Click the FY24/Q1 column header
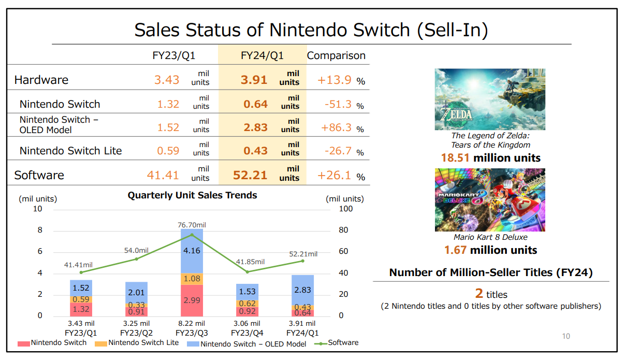[x=262, y=55]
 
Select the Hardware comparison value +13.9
[x=335, y=80]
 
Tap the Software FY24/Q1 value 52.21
[x=250, y=175]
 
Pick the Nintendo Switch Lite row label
[x=71, y=151]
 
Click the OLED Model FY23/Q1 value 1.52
[x=168, y=127]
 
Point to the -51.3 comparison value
[x=338, y=104]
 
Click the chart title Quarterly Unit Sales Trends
[x=193, y=195]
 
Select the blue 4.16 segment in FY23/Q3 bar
[x=192, y=251]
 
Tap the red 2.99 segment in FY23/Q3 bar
[x=192, y=300]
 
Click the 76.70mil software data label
[x=192, y=225]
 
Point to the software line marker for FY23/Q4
[x=247, y=271]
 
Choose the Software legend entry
[x=338, y=343]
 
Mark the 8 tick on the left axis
[x=39, y=230]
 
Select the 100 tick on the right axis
[x=345, y=209]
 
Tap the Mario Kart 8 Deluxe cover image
[x=490, y=199]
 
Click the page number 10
[x=566, y=336]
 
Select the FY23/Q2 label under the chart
[x=137, y=333]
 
